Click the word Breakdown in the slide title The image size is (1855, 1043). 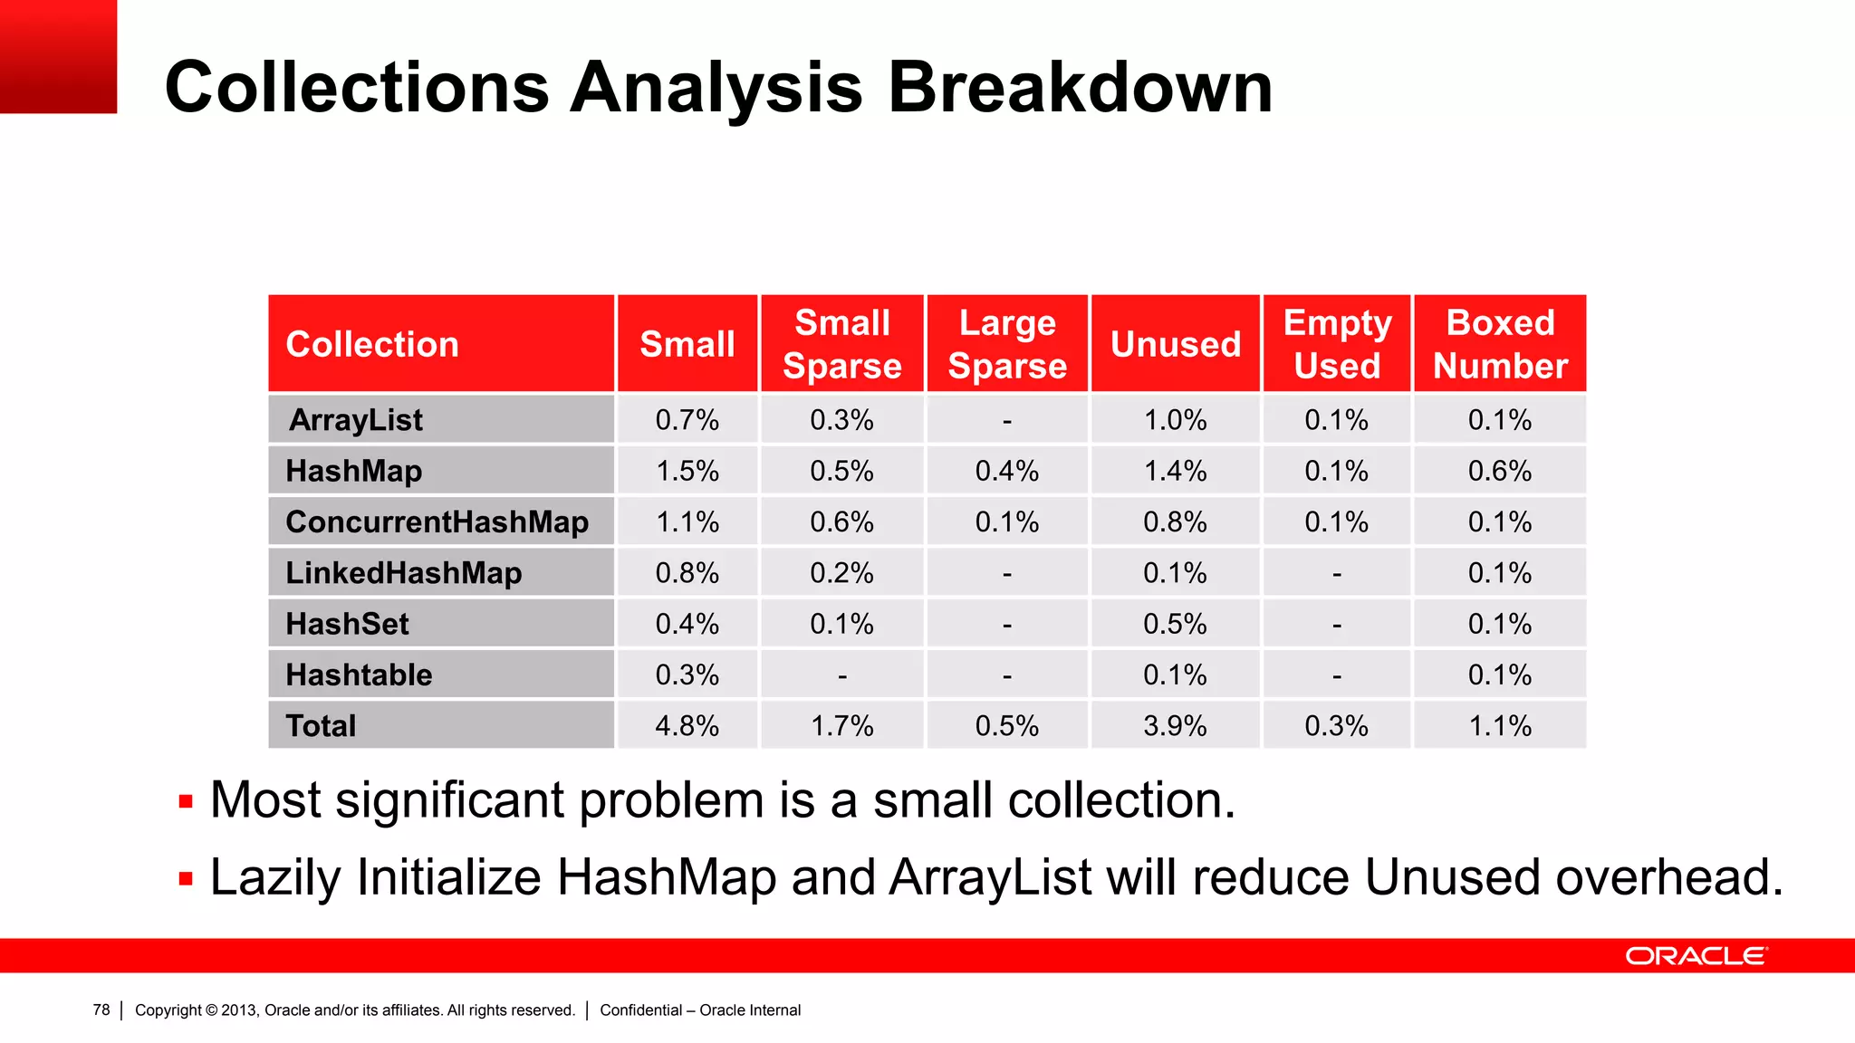1080,88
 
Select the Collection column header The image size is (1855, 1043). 372,344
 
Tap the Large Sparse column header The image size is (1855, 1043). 1007,344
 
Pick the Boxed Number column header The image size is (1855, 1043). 1500,344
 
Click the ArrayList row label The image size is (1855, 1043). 355,420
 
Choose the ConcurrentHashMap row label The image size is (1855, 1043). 437,522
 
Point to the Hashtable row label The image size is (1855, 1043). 359,675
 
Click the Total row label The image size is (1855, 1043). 321,726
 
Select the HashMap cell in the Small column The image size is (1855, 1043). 687,472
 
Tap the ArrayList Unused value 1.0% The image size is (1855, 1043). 1175,420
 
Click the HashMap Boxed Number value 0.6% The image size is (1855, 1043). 1500,472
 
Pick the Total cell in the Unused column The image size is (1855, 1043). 1175,726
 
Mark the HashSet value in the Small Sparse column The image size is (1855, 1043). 841,625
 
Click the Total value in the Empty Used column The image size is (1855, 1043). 1336,726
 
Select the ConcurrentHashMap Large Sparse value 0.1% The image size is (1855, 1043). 1007,522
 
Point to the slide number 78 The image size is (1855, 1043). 101,1010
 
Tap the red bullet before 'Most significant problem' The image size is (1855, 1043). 186,801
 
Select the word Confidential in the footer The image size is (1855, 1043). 640,1010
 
